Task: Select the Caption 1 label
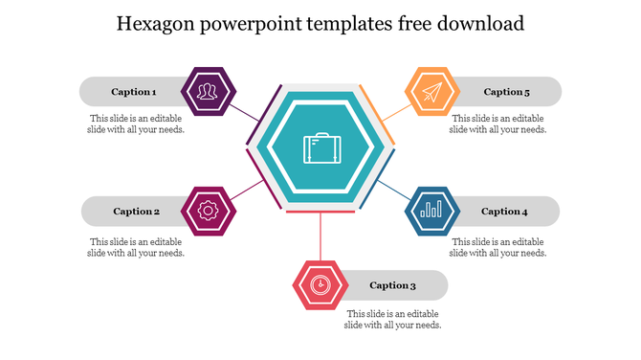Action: pyautogui.click(x=133, y=92)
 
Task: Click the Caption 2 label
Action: pyautogui.click(x=136, y=212)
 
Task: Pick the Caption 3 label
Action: pyautogui.click(x=392, y=285)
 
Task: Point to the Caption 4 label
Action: pyautogui.click(x=504, y=212)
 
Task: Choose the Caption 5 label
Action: pyautogui.click(x=506, y=92)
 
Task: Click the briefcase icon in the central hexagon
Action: pyautogui.click(x=320, y=149)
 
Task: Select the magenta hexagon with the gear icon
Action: pyautogui.click(x=208, y=211)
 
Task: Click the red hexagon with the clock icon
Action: pyautogui.click(x=320, y=284)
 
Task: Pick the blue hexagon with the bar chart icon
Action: pyautogui.click(x=432, y=211)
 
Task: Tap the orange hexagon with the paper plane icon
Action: pyautogui.click(x=432, y=92)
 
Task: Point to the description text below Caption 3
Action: pyautogui.click(x=392, y=320)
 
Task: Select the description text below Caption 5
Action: pyautogui.click(x=497, y=124)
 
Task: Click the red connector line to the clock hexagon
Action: pyautogui.click(x=320, y=235)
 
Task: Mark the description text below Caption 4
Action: pyautogui.click(x=497, y=247)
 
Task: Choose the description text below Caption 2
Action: pyautogui.click(x=136, y=247)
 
